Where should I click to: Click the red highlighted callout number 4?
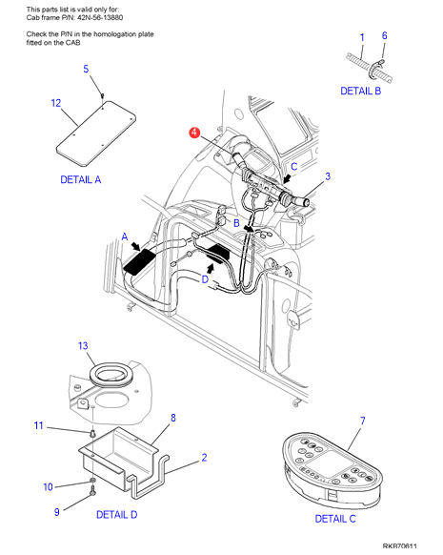[x=194, y=133]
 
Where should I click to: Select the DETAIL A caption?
[x=81, y=180]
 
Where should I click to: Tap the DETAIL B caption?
[x=361, y=91]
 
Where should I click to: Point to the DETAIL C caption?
[x=335, y=519]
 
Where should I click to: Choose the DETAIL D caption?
[x=116, y=514]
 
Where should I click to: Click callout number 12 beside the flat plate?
[x=56, y=103]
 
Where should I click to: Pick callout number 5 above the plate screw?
[x=86, y=69]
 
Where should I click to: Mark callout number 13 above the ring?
[x=83, y=345]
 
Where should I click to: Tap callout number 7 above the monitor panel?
[x=362, y=421]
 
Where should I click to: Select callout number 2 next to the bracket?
[x=204, y=458]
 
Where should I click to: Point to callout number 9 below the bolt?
[x=56, y=512]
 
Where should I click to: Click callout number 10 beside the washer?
[x=48, y=487]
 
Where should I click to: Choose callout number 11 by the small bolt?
[x=38, y=425]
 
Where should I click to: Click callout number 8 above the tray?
[x=173, y=418]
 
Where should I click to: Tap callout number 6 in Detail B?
[x=384, y=35]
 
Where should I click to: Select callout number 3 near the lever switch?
[x=328, y=175]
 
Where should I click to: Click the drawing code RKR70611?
[x=399, y=546]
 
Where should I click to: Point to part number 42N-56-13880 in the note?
[x=100, y=18]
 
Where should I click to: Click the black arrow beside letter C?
[x=288, y=178]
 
